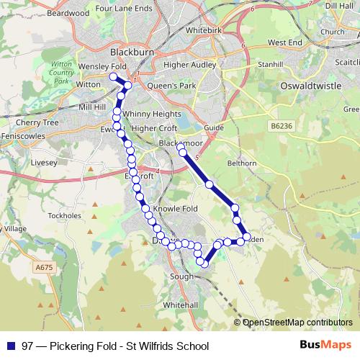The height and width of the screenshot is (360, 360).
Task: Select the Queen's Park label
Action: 171,85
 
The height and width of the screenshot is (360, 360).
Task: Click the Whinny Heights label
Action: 152,114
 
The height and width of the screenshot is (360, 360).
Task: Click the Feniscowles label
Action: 21,135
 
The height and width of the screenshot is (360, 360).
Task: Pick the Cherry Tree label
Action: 40,122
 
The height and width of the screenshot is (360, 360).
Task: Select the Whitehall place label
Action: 180,305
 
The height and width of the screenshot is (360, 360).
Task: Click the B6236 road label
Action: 283,126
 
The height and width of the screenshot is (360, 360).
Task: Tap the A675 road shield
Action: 44,267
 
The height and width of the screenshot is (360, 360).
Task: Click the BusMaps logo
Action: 326,346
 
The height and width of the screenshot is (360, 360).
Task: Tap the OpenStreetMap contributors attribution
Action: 297,323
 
